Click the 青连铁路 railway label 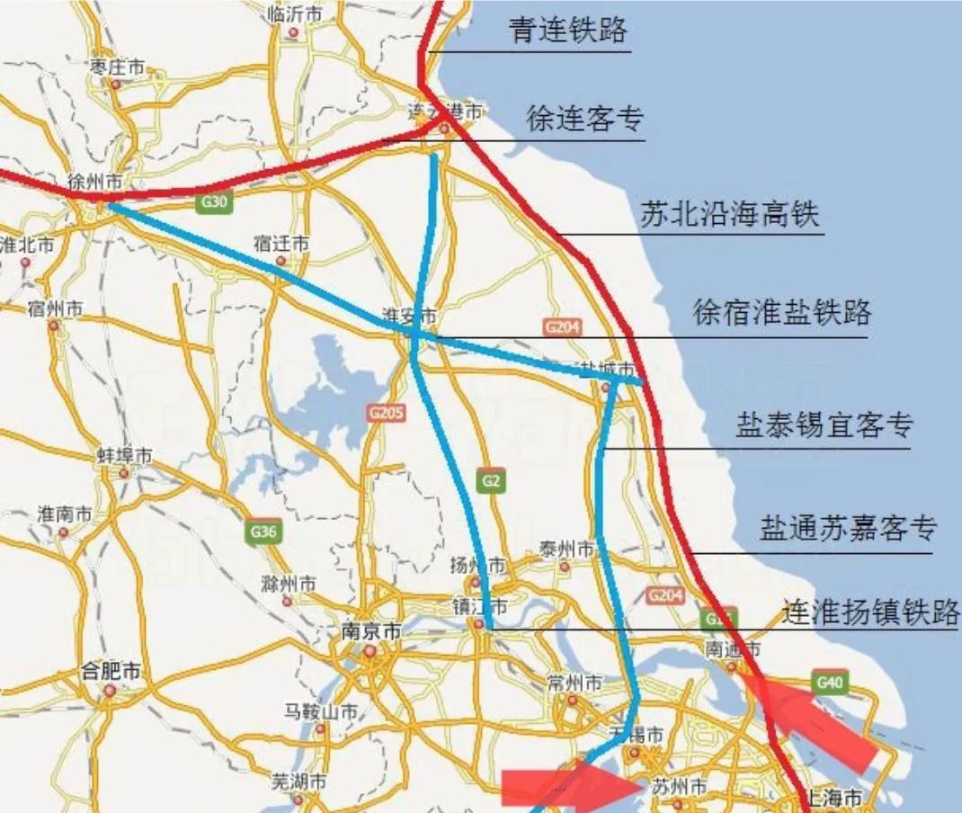(x=567, y=31)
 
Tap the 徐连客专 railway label (x=584, y=119)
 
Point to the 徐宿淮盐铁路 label (x=781, y=312)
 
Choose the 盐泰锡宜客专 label (x=824, y=424)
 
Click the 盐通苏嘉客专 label (x=848, y=527)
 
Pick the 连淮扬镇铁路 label (x=869, y=612)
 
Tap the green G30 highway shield (x=214, y=202)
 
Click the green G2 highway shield (x=490, y=481)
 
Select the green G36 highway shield (x=263, y=532)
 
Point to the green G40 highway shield (x=829, y=683)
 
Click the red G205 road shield (x=387, y=413)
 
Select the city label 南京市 (x=370, y=632)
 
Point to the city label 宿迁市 (x=281, y=244)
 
